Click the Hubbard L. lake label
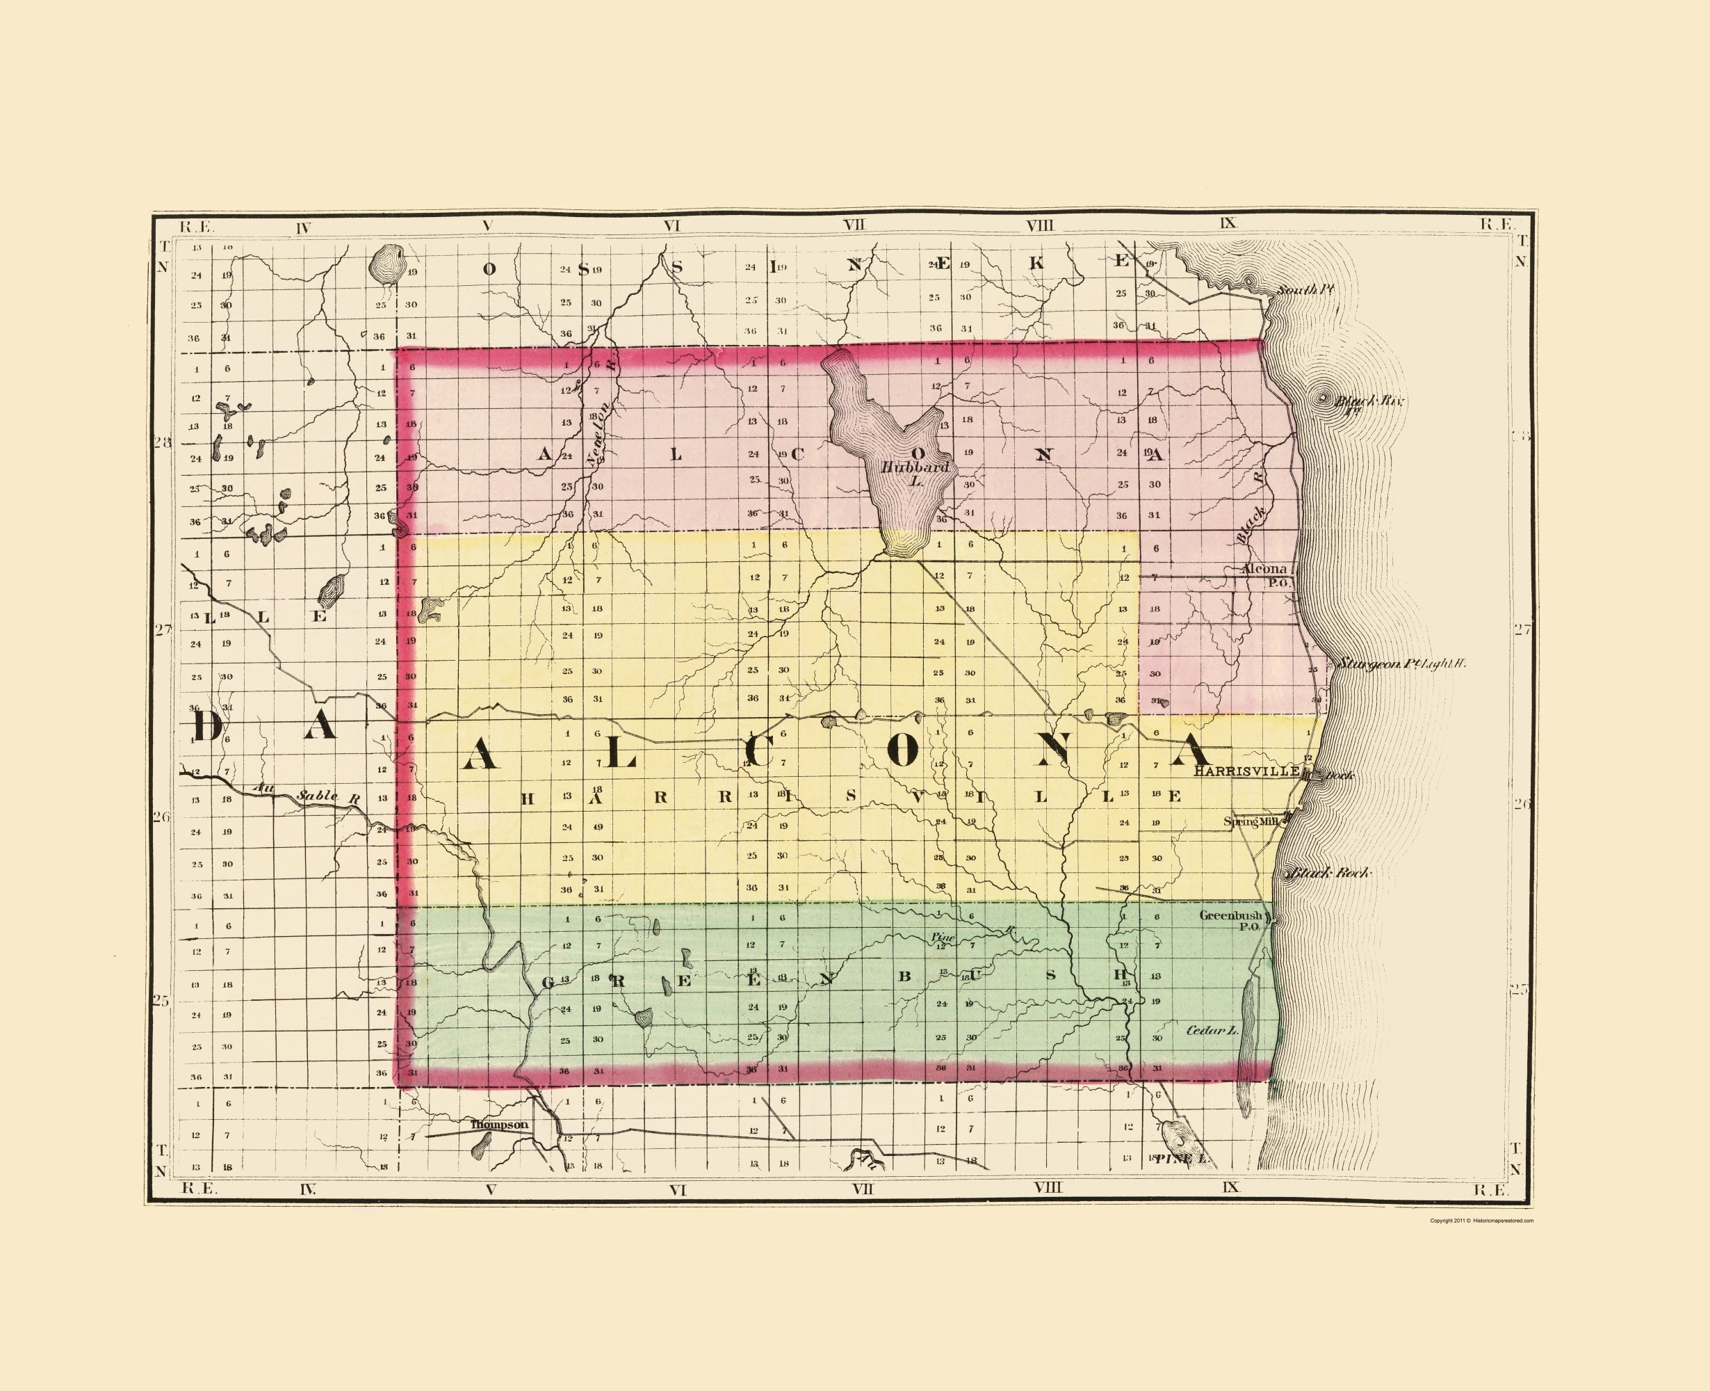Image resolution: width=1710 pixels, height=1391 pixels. click(915, 473)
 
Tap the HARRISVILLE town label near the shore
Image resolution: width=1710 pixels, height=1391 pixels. click(1246, 771)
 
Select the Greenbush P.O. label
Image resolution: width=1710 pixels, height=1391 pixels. click(1230, 920)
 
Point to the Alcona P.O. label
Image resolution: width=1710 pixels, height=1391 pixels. click(1266, 574)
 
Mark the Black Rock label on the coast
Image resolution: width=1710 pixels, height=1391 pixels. click(1330, 873)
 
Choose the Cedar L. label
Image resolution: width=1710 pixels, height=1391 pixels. click(1211, 1029)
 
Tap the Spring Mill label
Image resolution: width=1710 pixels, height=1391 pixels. click(1251, 821)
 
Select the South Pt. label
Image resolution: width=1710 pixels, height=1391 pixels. click(1304, 289)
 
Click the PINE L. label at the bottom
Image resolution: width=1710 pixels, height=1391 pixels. click(1182, 1159)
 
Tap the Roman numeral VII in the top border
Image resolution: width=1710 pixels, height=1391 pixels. click(854, 225)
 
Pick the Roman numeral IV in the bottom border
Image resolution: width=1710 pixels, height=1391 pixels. click(307, 1190)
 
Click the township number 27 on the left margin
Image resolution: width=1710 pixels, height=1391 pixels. click(162, 630)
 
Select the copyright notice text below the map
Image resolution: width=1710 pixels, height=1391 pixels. click(1482, 1221)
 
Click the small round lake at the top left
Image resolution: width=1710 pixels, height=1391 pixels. click(388, 263)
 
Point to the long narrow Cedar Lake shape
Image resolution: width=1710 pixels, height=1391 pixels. click(1246, 1042)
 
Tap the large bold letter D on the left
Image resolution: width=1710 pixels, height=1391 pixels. click(206, 726)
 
